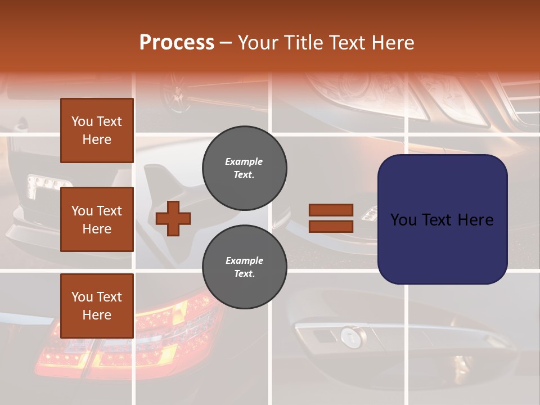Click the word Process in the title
coord(177,43)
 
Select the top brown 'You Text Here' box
coord(97,130)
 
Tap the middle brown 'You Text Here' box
coord(97,219)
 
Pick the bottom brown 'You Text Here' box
coord(97,305)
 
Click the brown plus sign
coord(173,218)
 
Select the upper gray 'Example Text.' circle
coord(245,168)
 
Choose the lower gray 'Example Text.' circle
coord(245,267)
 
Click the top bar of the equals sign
coord(331,210)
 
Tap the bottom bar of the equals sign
coord(331,227)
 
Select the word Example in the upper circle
coord(244,161)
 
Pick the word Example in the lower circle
coord(244,260)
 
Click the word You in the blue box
coord(403,220)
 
